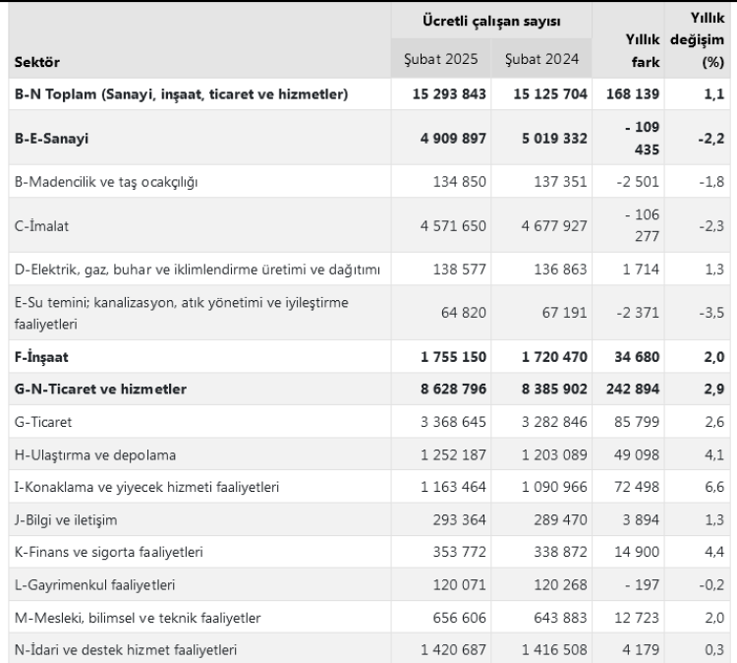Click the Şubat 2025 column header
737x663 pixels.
(441, 59)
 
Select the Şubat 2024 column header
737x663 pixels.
(539, 59)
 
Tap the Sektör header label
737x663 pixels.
(37, 63)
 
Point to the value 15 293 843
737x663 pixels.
(441, 94)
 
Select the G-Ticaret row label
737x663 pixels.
(45, 422)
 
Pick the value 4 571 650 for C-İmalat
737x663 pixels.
(447, 225)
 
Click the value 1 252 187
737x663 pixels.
(447, 455)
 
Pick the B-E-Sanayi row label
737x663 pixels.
(52, 139)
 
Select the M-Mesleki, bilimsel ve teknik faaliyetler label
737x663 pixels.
(137, 617)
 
